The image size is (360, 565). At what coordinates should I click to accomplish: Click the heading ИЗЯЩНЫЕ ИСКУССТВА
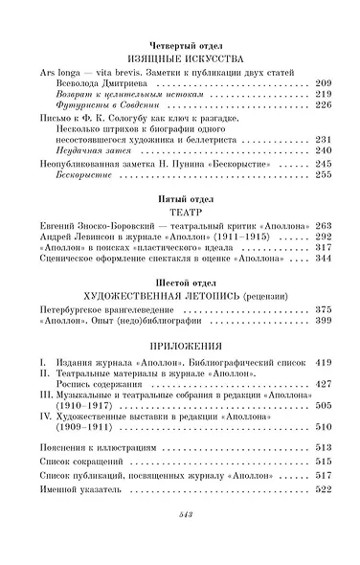coord(179,57)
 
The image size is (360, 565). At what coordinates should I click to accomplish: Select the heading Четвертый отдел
coord(179,44)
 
